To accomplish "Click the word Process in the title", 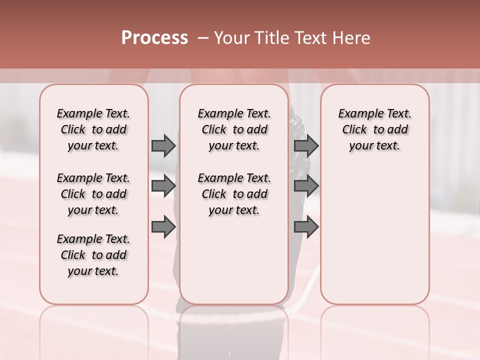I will (154, 38).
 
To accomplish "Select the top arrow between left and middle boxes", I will (163, 145).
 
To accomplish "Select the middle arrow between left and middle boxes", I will (163, 186).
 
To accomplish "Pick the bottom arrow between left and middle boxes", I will (163, 227).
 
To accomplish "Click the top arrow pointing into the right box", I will (306, 145).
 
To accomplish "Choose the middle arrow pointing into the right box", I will (306, 186).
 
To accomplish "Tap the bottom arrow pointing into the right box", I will (306, 227).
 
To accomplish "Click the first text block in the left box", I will (93, 129).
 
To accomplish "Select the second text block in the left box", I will (93, 194).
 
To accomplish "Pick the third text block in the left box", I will (93, 255).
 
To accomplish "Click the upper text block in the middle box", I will (234, 129).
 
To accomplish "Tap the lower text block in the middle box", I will (234, 194).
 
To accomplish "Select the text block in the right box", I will (374, 129).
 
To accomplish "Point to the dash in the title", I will (203, 38).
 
